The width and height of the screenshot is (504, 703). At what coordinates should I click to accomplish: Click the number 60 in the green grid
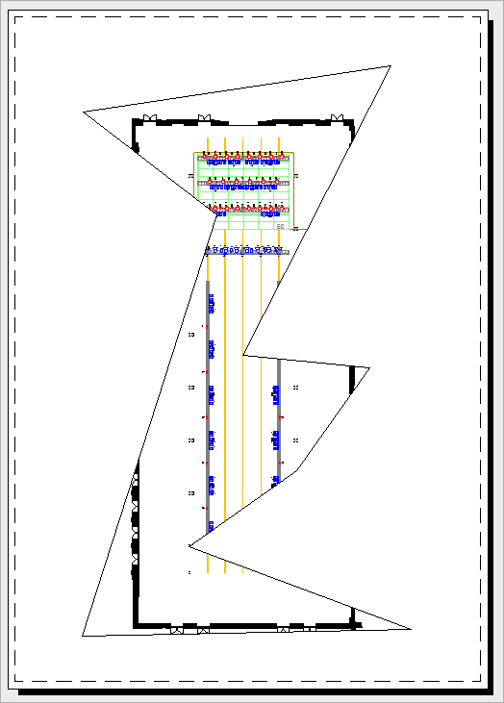(280, 227)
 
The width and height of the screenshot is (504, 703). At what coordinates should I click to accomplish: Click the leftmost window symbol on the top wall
(149, 118)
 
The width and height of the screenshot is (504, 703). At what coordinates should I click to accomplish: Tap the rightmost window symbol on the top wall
(338, 117)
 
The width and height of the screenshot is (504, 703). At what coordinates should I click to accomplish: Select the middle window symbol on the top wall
(203, 118)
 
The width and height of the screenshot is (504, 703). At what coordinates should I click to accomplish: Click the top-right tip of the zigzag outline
(391, 66)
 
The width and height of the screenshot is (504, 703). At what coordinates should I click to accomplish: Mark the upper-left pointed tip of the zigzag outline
(84, 112)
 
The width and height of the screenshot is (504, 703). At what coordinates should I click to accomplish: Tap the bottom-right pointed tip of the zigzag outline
(411, 629)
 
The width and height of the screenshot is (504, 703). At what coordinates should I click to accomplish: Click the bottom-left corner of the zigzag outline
(83, 636)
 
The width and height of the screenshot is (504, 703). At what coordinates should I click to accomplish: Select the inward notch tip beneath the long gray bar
(189, 545)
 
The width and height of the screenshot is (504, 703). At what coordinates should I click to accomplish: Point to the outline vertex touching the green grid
(217, 213)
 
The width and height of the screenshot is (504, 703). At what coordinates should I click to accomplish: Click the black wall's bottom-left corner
(137, 625)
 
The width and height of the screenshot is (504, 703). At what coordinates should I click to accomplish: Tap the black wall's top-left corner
(135, 123)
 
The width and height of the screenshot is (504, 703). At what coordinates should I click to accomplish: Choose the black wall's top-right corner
(352, 123)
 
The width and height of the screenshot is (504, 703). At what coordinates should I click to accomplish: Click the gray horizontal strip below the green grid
(247, 252)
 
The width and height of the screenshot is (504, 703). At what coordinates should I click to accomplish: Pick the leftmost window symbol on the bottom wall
(177, 631)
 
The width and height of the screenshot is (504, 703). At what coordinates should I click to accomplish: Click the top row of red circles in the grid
(244, 155)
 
